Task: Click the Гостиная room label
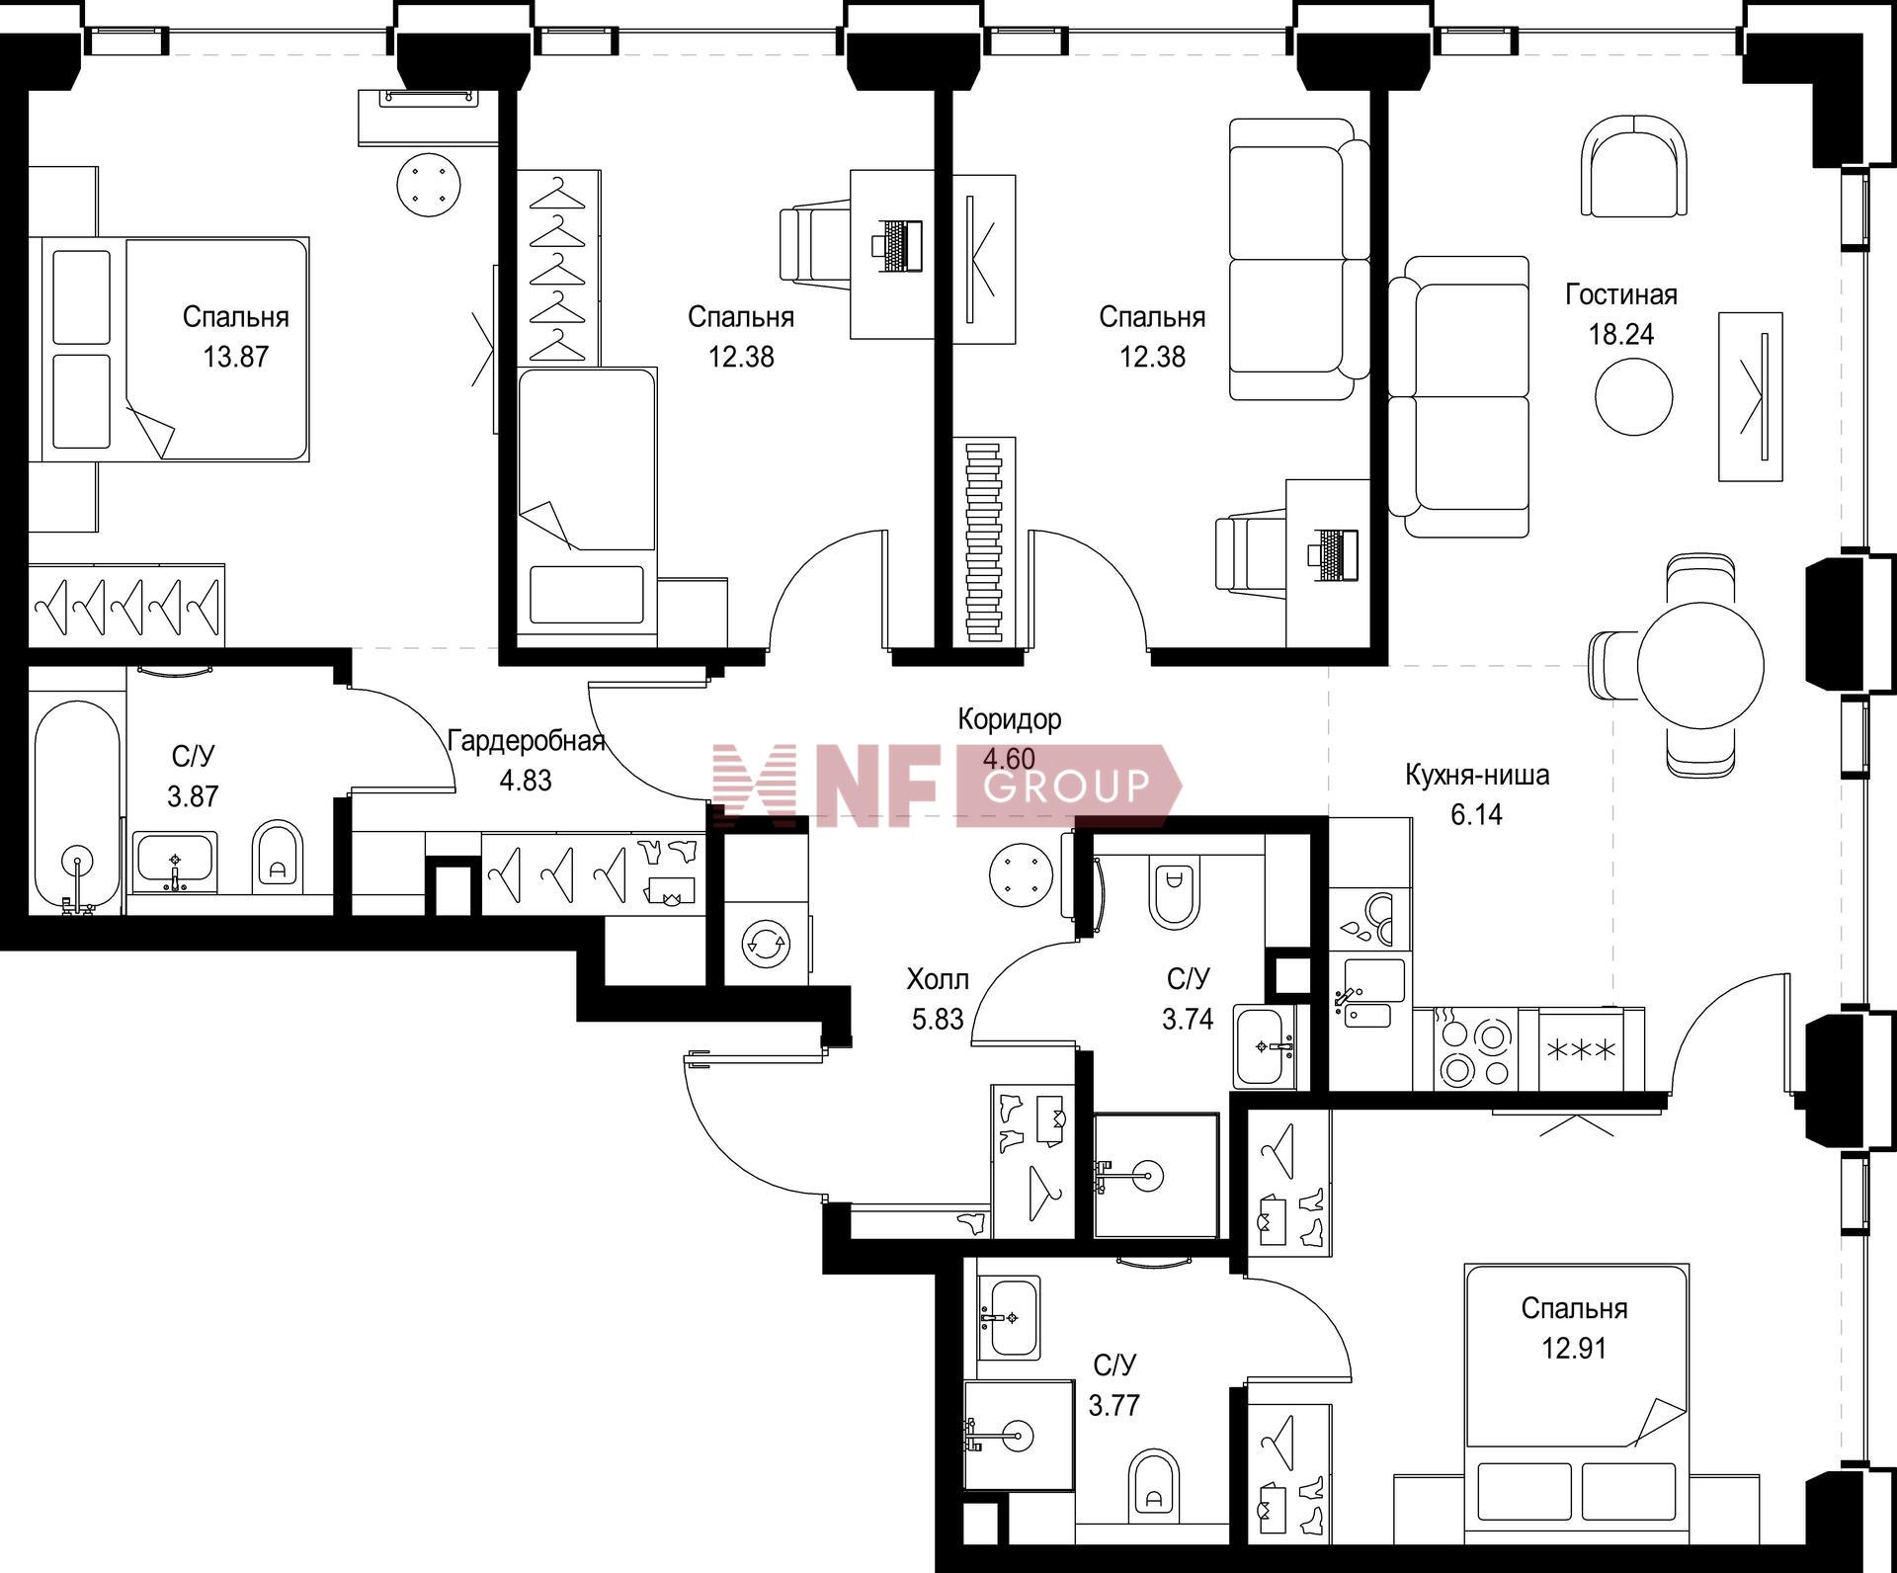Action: pyautogui.click(x=1621, y=294)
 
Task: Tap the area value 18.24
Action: pyautogui.click(x=1621, y=335)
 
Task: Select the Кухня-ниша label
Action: pyautogui.click(x=1477, y=775)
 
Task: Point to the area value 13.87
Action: pyautogui.click(x=236, y=357)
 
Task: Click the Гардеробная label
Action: pyautogui.click(x=526, y=740)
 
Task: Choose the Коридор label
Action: pyautogui.click(x=1010, y=719)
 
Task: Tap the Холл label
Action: pyautogui.click(x=938, y=979)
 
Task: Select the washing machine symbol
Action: pyautogui.click(x=767, y=944)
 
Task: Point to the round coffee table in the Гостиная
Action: pyautogui.click(x=1634, y=396)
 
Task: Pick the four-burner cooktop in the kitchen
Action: pyautogui.click(x=1476, y=1049)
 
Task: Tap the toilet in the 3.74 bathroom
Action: pyautogui.click(x=1174, y=890)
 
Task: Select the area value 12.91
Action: pyautogui.click(x=1574, y=1349)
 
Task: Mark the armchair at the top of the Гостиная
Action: pyautogui.click(x=1634, y=166)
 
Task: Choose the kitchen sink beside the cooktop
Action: pyautogui.click(x=1367, y=994)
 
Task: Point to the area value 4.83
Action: pyautogui.click(x=526, y=781)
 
